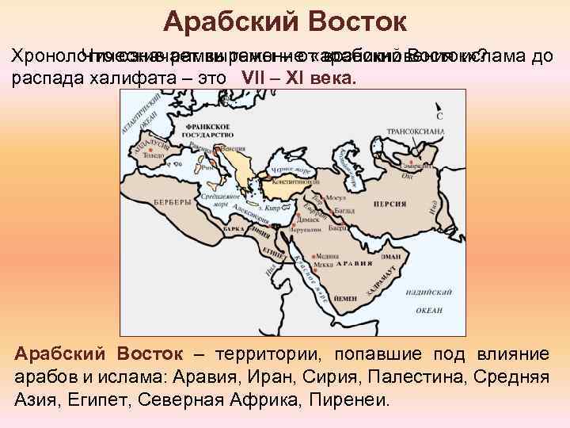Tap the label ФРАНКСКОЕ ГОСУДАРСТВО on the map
tap(180, 132)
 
